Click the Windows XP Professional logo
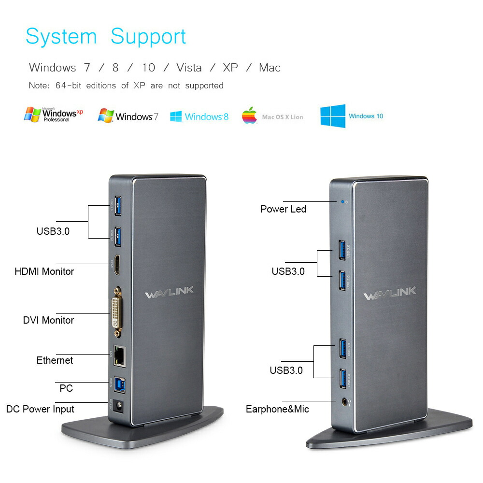pos(53,114)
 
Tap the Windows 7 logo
pos(128,116)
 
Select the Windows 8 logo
pos(199,116)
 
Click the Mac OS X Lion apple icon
pos(249,116)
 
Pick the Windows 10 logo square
pos(333,116)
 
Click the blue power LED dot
pos(342,201)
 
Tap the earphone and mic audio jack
pos(344,400)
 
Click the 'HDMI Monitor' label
pos(44,271)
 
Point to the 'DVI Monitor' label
pos(48,320)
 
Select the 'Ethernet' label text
pos(55,360)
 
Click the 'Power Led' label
pos(283,209)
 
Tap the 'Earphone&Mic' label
pos(277,410)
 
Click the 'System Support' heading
pos(106,37)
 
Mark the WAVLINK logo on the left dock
pos(169,291)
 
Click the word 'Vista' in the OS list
pos(189,68)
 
